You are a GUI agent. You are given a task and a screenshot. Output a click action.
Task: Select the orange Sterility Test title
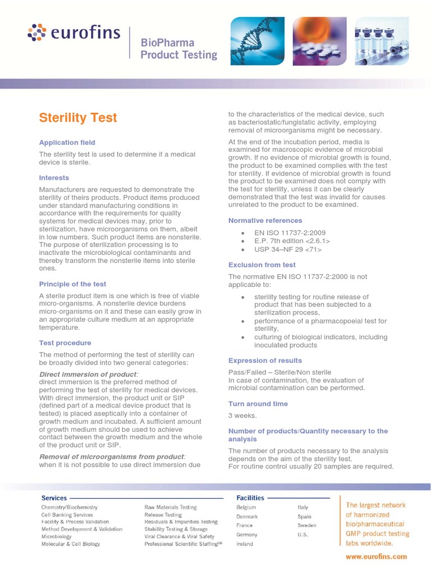[x=78, y=117]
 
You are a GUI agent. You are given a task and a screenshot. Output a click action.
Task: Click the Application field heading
[x=67, y=143]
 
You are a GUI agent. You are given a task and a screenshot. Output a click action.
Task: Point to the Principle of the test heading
[x=72, y=284]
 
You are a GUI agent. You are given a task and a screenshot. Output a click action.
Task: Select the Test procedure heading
[x=65, y=343]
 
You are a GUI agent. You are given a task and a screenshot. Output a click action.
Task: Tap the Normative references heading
[x=265, y=221]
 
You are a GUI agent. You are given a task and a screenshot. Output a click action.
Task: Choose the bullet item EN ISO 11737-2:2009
[x=290, y=233]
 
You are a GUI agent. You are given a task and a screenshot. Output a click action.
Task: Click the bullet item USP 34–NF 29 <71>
[x=288, y=249]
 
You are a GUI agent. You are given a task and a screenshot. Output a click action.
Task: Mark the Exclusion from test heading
[x=262, y=264]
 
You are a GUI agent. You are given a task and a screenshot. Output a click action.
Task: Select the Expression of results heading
[x=265, y=360]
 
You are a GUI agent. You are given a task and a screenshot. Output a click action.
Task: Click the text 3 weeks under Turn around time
[x=242, y=416]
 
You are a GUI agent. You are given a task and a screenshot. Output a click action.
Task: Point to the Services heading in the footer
[x=54, y=498]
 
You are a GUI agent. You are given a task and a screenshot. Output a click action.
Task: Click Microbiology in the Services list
[x=57, y=536]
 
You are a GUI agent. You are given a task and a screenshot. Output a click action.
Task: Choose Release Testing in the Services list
[x=163, y=514]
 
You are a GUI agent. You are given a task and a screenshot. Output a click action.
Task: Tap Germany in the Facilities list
[x=247, y=535]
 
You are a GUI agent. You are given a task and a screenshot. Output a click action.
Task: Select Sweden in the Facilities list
[x=307, y=526]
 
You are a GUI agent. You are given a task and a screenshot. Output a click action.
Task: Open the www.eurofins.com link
[x=376, y=556]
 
